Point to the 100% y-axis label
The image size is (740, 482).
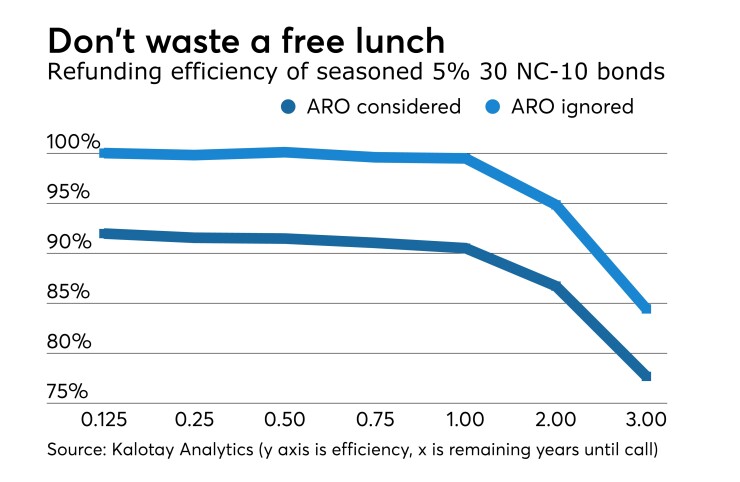tap(73, 142)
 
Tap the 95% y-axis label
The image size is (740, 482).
tap(69, 192)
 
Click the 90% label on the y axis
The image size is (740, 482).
tap(69, 242)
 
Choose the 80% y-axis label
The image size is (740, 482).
tap(69, 342)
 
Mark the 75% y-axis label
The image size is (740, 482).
tap(69, 391)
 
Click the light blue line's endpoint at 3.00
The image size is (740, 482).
tap(646, 308)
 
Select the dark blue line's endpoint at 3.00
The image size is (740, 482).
tap(646, 376)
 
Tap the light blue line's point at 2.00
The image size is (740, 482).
tap(556, 204)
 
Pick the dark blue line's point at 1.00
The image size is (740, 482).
tap(466, 247)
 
